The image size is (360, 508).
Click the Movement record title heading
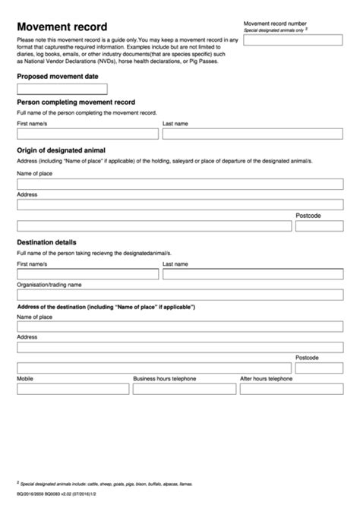tap(62, 27)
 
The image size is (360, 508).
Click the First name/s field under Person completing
tap(87, 134)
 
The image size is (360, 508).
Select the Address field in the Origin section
tap(180, 204)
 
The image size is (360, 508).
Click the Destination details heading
tap(46, 242)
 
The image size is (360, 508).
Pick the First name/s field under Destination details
tap(87, 273)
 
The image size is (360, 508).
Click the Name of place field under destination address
tap(180, 326)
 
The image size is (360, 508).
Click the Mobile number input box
tap(71, 388)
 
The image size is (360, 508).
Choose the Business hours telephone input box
tap(183, 388)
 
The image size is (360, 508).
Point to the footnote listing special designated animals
tap(106, 483)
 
